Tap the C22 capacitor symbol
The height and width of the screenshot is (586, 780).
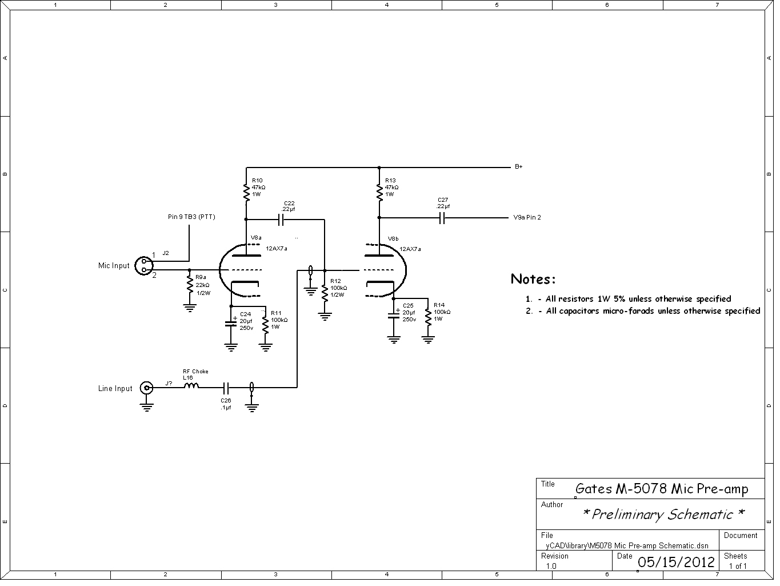[x=281, y=220]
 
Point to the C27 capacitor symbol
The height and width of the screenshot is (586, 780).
[x=442, y=218]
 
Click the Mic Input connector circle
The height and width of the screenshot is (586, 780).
[x=144, y=265]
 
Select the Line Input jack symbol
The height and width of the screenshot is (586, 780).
[x=146, y=388]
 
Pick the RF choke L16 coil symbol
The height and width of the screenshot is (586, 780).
[x=191, y=385]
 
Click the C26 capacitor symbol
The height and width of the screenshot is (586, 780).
[x=226, y=388]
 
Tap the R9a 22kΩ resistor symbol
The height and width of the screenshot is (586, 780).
[x=189, y=284]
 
